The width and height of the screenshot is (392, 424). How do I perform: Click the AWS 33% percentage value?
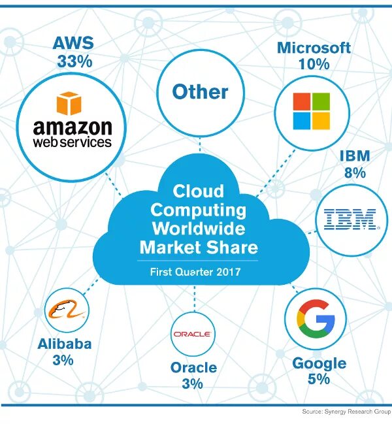[73, 62]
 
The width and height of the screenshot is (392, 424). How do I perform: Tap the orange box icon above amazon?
[71, 104]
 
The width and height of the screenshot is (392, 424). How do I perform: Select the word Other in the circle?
[200, 91]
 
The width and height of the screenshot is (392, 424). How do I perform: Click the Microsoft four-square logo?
[311, 110]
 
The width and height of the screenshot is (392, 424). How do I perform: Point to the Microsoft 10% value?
[314, 65]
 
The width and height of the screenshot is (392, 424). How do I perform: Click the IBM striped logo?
[351, 220]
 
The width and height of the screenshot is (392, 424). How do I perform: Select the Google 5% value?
[319, 379]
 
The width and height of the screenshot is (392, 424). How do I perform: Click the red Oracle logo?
[192, 334]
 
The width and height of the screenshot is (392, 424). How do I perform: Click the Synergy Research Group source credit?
[346, 412]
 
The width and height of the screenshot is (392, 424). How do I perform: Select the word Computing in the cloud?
[199, 210]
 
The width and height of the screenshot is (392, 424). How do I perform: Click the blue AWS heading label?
[73, 44]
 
